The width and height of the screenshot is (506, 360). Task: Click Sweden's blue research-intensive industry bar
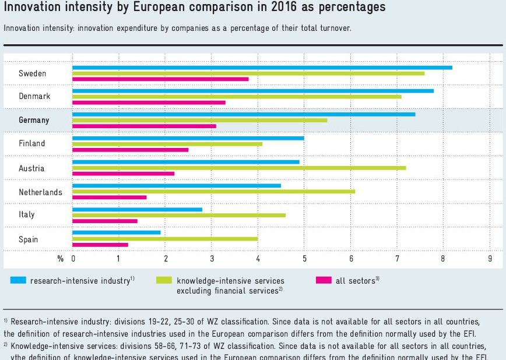262,68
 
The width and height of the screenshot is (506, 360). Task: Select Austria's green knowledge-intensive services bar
239,168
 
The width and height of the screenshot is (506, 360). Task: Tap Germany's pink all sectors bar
144,126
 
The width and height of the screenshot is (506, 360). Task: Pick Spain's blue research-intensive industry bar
116,232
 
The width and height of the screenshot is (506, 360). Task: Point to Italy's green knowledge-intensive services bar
179,215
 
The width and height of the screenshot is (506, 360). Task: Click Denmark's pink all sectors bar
149,103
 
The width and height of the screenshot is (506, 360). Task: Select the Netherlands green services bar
213,191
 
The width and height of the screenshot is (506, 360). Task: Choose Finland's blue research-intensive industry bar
188,138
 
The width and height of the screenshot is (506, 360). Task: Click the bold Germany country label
34,120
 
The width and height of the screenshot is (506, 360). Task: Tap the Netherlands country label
40,192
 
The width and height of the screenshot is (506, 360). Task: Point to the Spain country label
28,239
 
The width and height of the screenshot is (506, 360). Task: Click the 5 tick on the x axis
304,257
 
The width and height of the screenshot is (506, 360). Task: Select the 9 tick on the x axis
490,257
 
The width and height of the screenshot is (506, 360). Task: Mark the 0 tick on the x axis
73,257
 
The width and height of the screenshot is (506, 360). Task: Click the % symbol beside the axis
60,257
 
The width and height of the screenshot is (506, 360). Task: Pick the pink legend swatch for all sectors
324,280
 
